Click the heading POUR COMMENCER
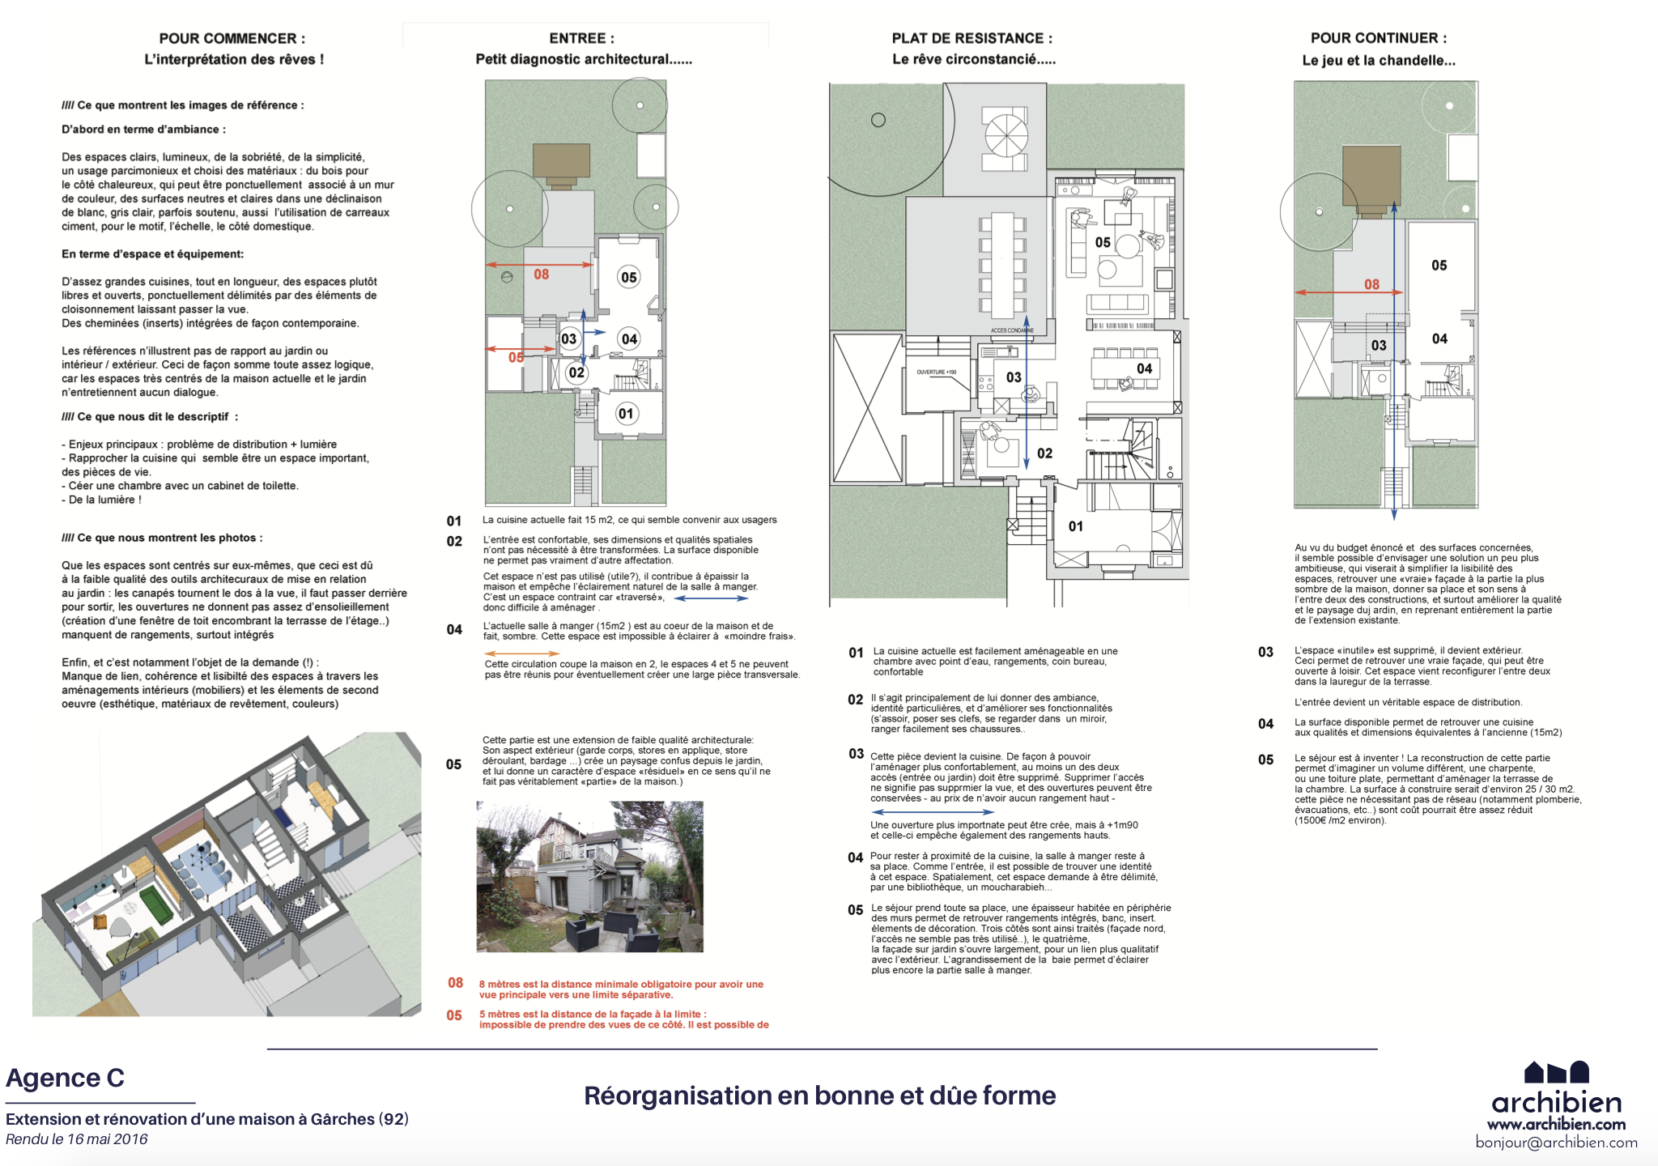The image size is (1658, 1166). tap(232, 38)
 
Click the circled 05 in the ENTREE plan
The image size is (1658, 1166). tap(629, 277)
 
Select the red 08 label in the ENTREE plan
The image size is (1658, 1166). tap(541, 274)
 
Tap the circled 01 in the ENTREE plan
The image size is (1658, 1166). tap(626, 414)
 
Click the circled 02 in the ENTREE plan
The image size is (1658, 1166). tap(576, 372)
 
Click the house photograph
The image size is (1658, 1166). tap(589, 876)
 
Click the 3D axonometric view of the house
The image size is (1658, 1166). tap(227, 874)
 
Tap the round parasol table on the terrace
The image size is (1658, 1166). tap(1006, 135)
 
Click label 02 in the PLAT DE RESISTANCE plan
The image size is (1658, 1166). tap(1044, 453)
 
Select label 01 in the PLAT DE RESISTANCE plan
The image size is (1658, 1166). tap(1075, 526)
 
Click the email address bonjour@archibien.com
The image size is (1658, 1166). tap(1556, 1143)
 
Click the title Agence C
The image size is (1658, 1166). tap(65, 1078)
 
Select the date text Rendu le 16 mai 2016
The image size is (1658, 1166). tap(77, 1139)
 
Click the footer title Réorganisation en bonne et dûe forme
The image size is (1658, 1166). tap(819, 1096)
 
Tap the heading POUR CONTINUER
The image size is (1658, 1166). tap(1378, 38)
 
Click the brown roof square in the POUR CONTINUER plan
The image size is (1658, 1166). tap(1371, 178)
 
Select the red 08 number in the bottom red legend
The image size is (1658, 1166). tap(456, 983)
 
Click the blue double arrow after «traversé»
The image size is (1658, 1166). tap(711, 598)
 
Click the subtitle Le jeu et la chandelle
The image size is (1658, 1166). tap(1378, 60)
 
